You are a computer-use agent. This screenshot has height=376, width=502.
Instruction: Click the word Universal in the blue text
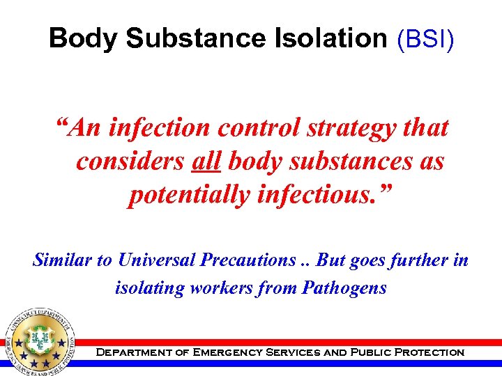click(x=160, y=260)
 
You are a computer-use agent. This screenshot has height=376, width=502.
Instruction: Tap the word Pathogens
click(x=344, y=288)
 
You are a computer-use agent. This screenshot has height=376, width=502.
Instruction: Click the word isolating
click(x=146, y=288)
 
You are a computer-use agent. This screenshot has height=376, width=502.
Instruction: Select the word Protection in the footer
click(x=429, y=352)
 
